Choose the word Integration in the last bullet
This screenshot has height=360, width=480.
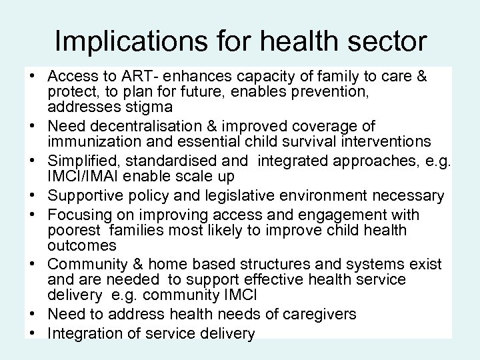(x=81, y=334)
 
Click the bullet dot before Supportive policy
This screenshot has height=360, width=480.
(x=31, y=196)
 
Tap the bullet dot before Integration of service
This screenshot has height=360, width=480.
(x=31, y=334)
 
